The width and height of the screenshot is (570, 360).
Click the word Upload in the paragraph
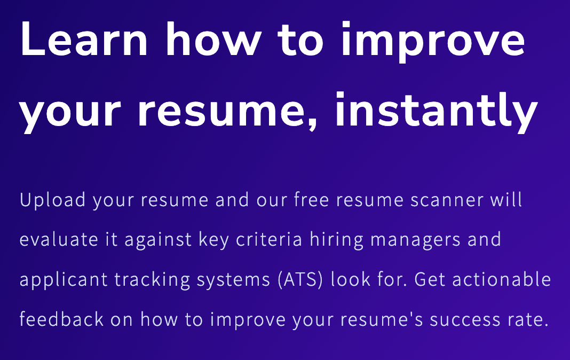tap(52, 200)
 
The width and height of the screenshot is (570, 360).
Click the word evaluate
tap(59, 240)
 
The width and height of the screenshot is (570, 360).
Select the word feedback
tap(61, 319)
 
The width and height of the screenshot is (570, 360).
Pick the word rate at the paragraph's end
tap(532, 320)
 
